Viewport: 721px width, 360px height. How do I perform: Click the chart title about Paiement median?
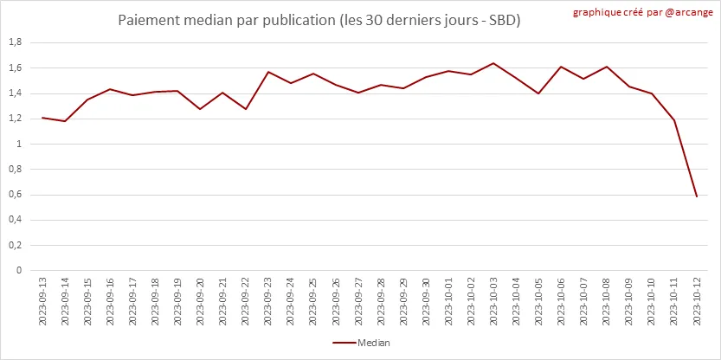(x=319, y=19)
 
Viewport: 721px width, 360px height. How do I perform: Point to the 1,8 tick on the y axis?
(x=15, y=42)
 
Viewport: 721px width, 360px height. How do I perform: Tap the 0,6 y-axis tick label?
(x=15, y=195)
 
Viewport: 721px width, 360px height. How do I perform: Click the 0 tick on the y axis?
(x=19, y=270)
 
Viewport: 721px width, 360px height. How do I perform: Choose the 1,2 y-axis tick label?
(x=15, y=119)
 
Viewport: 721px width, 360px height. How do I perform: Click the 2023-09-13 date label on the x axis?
(x=42, y=301)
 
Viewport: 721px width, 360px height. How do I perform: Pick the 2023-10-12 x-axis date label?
(x=696, y=301)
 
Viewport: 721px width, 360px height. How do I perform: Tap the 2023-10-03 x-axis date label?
(x=493, y=301)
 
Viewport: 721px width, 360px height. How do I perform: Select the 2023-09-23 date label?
(x=267, y=301)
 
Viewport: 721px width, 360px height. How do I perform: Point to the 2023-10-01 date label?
(x=448, y=301)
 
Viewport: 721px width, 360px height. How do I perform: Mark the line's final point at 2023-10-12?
(x=696, y=197)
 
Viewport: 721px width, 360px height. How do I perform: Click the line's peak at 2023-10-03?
(x=493, y=63)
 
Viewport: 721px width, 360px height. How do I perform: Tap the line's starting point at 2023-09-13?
(x=42, y=118)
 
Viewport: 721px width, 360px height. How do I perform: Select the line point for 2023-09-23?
(x=267, y=72)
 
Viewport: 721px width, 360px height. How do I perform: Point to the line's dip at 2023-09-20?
(x=200, y=109)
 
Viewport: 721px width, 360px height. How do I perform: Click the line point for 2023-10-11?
(x=673, y=120)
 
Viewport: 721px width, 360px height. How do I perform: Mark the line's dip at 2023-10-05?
(x=538, y=93)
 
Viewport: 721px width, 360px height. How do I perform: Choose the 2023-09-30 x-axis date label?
(x=426, y=301)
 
